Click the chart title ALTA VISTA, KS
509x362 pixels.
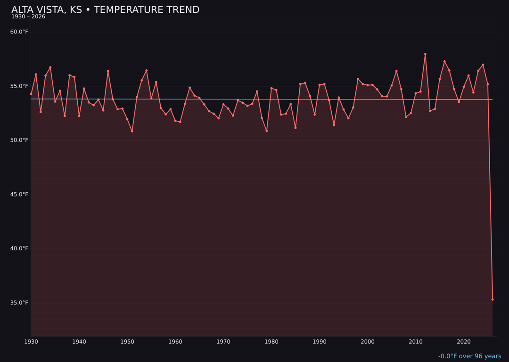point(105,10)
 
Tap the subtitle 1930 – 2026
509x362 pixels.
point(28,17)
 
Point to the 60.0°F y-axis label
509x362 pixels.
point(19,32)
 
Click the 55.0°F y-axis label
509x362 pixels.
point(19,86)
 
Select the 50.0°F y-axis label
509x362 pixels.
point(19,140)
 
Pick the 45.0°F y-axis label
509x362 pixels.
point(19,195)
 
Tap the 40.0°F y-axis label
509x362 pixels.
point(19,249)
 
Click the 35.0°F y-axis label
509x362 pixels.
point(19,303)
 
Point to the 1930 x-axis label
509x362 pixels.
point(31,342)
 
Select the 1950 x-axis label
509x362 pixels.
point(127,342)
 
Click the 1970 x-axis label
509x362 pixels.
point(223,342)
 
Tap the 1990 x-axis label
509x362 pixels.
point(320,342)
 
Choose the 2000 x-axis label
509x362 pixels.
point(368,342)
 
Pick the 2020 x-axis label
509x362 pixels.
point(464,342)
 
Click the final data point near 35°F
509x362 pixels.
point(493,299)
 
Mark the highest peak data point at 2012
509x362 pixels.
point(425,54)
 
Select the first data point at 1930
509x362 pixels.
point(31,94)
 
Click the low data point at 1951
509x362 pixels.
point(132,131)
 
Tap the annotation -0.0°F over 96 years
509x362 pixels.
point(469,356)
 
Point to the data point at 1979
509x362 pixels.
point(267,131)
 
